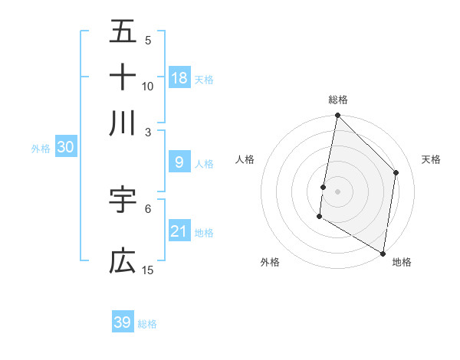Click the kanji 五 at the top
123,32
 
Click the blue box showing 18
179,77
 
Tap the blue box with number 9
179,162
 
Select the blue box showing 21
179,231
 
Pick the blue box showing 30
65,147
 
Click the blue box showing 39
123,322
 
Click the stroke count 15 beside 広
148,270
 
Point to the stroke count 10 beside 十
148,86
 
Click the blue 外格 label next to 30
41,149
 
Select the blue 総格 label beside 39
147,324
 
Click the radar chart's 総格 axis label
338,100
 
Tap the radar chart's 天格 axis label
431,159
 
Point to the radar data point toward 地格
383,253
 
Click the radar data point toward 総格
337,116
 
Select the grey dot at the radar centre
337,191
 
